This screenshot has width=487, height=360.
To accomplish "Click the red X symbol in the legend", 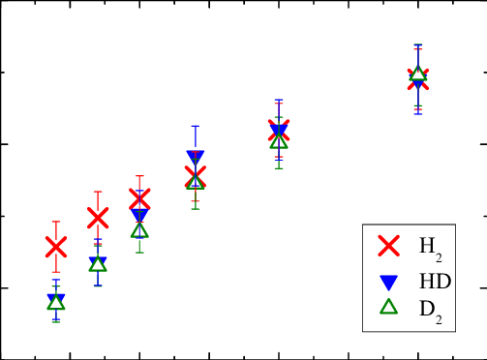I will [388, 246].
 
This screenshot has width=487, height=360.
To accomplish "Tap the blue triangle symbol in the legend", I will [388, 283].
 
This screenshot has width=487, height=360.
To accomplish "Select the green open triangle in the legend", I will [388, 307].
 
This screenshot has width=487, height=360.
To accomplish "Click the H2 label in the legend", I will [430, 248].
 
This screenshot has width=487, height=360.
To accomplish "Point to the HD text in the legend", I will [435, 282].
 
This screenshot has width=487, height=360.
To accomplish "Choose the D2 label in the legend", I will [430, 310].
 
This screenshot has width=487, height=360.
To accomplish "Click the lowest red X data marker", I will [56, 247].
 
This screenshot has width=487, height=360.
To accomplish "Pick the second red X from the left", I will [98, 217].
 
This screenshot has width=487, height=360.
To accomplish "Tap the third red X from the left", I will [139, 199].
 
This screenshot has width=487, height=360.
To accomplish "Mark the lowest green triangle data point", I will [56, 302].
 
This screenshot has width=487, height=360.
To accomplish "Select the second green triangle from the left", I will [98, 263].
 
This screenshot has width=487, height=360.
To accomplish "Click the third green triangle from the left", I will [139, 229].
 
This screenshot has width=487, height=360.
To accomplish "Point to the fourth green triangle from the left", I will [195, 180].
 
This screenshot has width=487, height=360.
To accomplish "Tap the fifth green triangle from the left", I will [279, 140].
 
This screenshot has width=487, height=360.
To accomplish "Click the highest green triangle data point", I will [417, 73].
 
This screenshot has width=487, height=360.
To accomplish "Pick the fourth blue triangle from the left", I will [195, 158].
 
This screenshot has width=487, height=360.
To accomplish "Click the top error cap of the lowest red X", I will [56, 222].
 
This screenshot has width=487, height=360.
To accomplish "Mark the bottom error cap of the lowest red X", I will [56, 272].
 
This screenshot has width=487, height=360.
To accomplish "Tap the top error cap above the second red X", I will [98, 192].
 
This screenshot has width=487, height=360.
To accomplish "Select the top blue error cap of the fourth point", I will [195, 126].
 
